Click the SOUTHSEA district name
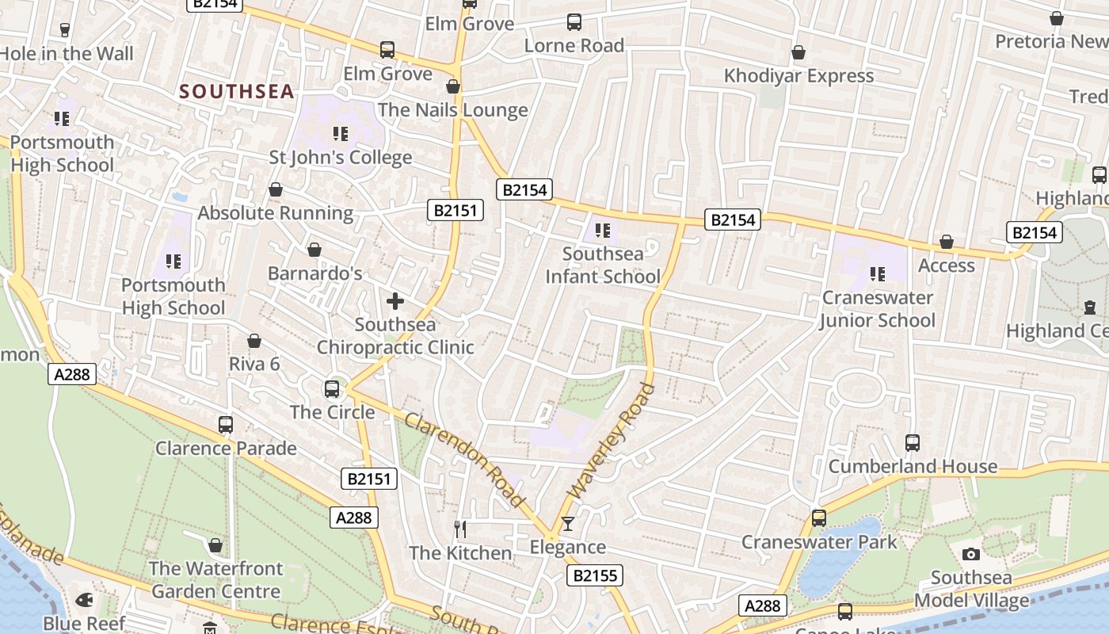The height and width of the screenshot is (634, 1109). (x=237, y=92)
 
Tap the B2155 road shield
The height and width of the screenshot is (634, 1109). (x=594, y=575)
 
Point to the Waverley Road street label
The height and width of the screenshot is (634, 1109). (x=613, y=441)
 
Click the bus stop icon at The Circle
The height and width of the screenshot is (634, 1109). (x=332, y=389)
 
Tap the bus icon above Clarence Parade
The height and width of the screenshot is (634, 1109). (x=226, y=425)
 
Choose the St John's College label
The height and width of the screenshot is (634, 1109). (x=341, y=157)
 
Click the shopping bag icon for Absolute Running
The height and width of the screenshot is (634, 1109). (x=276, y=190)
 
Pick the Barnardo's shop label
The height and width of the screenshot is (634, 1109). (x=314, y=273)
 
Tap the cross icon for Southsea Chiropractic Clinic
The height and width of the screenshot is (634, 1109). (x=394, y=301)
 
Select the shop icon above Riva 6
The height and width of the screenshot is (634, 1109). (x=254, y=341)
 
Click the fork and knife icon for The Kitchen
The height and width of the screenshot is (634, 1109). (x=459, y=529)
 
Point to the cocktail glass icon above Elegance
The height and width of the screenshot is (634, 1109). (x=567, y=524)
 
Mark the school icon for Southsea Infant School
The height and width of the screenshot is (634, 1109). (x=602, y=231)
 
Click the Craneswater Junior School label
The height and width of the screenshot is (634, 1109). (x=877, y=309)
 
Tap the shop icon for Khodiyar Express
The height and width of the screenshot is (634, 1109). (x=798, y=53)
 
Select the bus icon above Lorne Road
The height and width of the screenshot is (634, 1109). (x=574, y=22)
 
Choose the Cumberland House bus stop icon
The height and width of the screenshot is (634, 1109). (x=912, y=443)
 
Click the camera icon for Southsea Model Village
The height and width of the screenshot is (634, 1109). (x=970, y=555)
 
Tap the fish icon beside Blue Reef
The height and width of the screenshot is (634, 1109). (x=83, y=600)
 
